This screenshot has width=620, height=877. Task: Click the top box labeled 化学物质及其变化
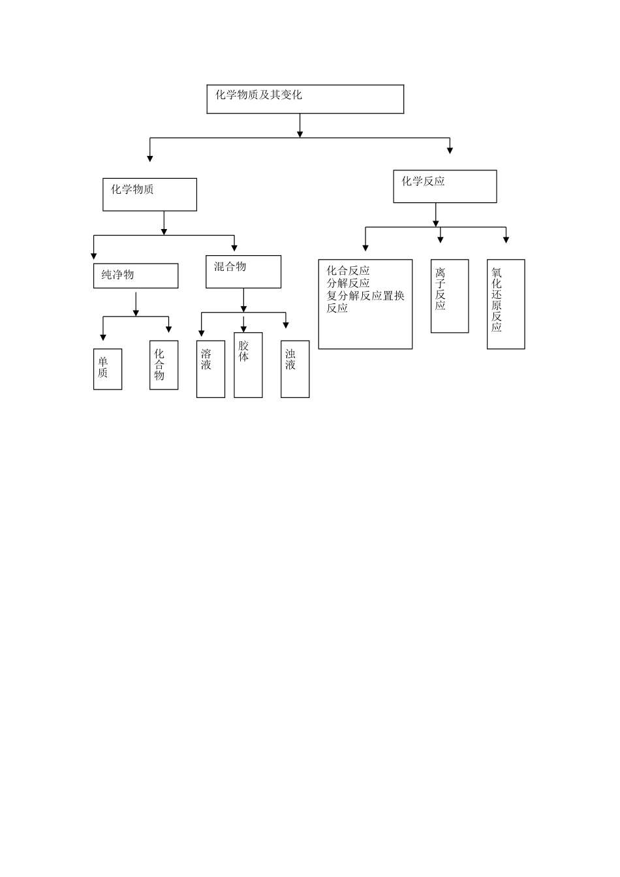coord(305,99)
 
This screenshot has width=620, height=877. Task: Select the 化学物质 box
coord(149,194)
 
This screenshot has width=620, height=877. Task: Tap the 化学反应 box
coord(444,187)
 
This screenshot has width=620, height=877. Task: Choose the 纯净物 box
coord(136,275)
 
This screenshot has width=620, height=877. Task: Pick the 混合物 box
coord(243,271)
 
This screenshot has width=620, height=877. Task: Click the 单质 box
coord(108,369)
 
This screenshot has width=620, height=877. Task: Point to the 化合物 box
coord(164,365)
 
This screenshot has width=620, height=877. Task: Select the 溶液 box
coord(211,369)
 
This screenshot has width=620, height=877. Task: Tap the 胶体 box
coord(248,365)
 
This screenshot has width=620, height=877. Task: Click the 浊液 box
coord(295,369)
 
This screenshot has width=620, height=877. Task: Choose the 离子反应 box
coord(450,296)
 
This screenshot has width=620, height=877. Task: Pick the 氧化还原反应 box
coord(506,304)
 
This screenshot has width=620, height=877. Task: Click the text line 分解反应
coord(348,283)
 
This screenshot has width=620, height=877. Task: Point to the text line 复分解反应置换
coord(365,296)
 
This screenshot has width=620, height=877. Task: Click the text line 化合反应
coord(348,271)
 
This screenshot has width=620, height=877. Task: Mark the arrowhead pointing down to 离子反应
coord(441,239)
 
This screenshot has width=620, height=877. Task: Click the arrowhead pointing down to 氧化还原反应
coord(506,239)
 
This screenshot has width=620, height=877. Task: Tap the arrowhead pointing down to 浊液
coord(285,325)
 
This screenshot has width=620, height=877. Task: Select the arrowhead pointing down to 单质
coord(103,337)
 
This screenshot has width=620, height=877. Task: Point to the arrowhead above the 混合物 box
coord(234,247)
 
